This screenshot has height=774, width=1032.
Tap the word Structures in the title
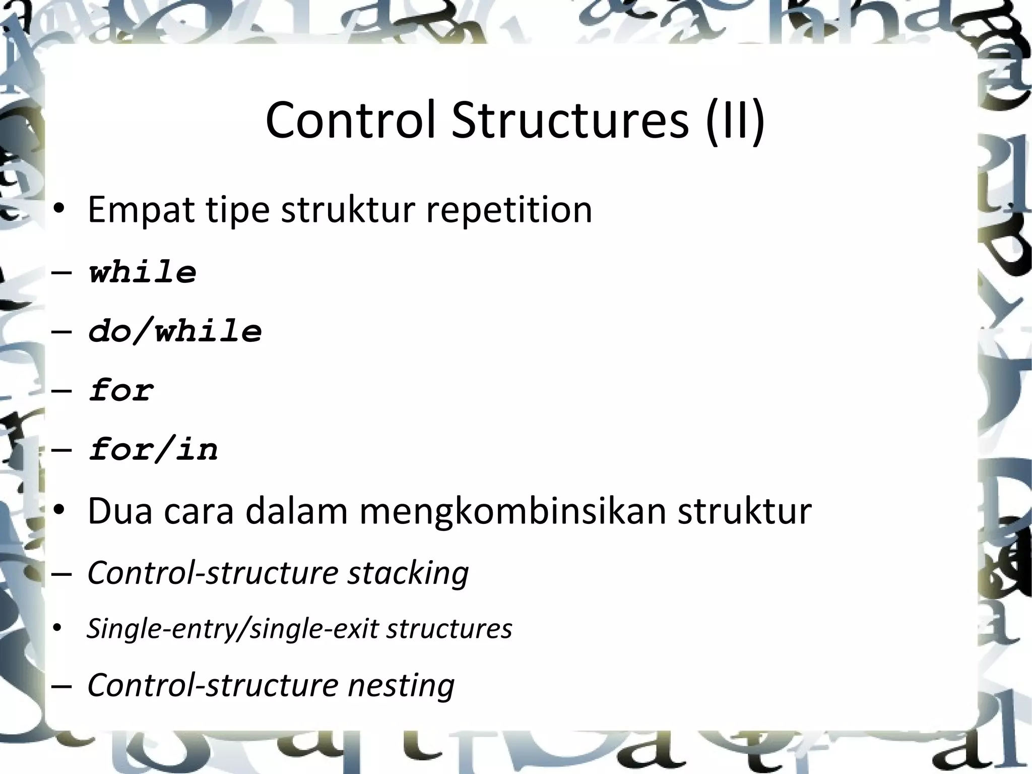570,121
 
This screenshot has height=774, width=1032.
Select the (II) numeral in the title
735,122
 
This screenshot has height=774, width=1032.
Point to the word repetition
509,210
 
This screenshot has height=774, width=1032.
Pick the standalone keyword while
143,272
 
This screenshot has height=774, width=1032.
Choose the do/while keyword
175,331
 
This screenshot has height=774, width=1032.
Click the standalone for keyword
121,390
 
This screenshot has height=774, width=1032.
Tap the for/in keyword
153,449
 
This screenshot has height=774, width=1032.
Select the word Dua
120,511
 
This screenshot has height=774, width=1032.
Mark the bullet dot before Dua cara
59,511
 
